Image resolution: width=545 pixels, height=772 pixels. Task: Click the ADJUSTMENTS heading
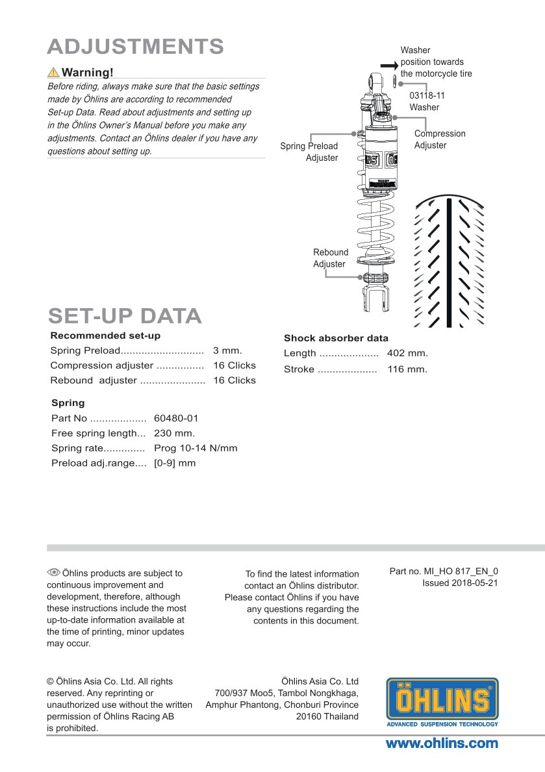(x=136, y=47)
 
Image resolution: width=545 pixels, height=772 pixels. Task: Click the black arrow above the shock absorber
(x=388, y=65)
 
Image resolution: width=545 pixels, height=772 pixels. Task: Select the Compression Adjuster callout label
(x=440, y=139)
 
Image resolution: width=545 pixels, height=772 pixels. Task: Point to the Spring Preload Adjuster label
(x=309, y=152)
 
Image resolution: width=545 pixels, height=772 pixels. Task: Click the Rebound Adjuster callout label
(x=330, y=258)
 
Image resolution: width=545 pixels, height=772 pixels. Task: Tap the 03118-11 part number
(x=427, y=95)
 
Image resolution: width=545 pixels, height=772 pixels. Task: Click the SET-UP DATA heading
(x=125, y=316)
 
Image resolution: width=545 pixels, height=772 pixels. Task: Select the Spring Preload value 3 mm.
(x=227, y=350)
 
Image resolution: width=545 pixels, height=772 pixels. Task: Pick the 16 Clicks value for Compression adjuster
(x=234, y=365)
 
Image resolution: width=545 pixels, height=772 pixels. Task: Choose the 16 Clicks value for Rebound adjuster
(x=234, y=380)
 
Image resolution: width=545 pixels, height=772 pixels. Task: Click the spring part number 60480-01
(x=176, y=418)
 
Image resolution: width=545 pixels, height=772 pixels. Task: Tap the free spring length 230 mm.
(x=174, y=433)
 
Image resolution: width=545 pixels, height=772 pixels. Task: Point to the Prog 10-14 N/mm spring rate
(x=196, y=448)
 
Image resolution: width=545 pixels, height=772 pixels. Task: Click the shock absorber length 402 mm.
(x=407, y=354)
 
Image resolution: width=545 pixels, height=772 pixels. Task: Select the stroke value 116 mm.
(x=407, y=369)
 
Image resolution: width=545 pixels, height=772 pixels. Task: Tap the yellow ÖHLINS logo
(x=442, y=702)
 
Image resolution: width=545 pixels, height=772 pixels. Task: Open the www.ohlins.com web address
(x=442, y=743)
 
